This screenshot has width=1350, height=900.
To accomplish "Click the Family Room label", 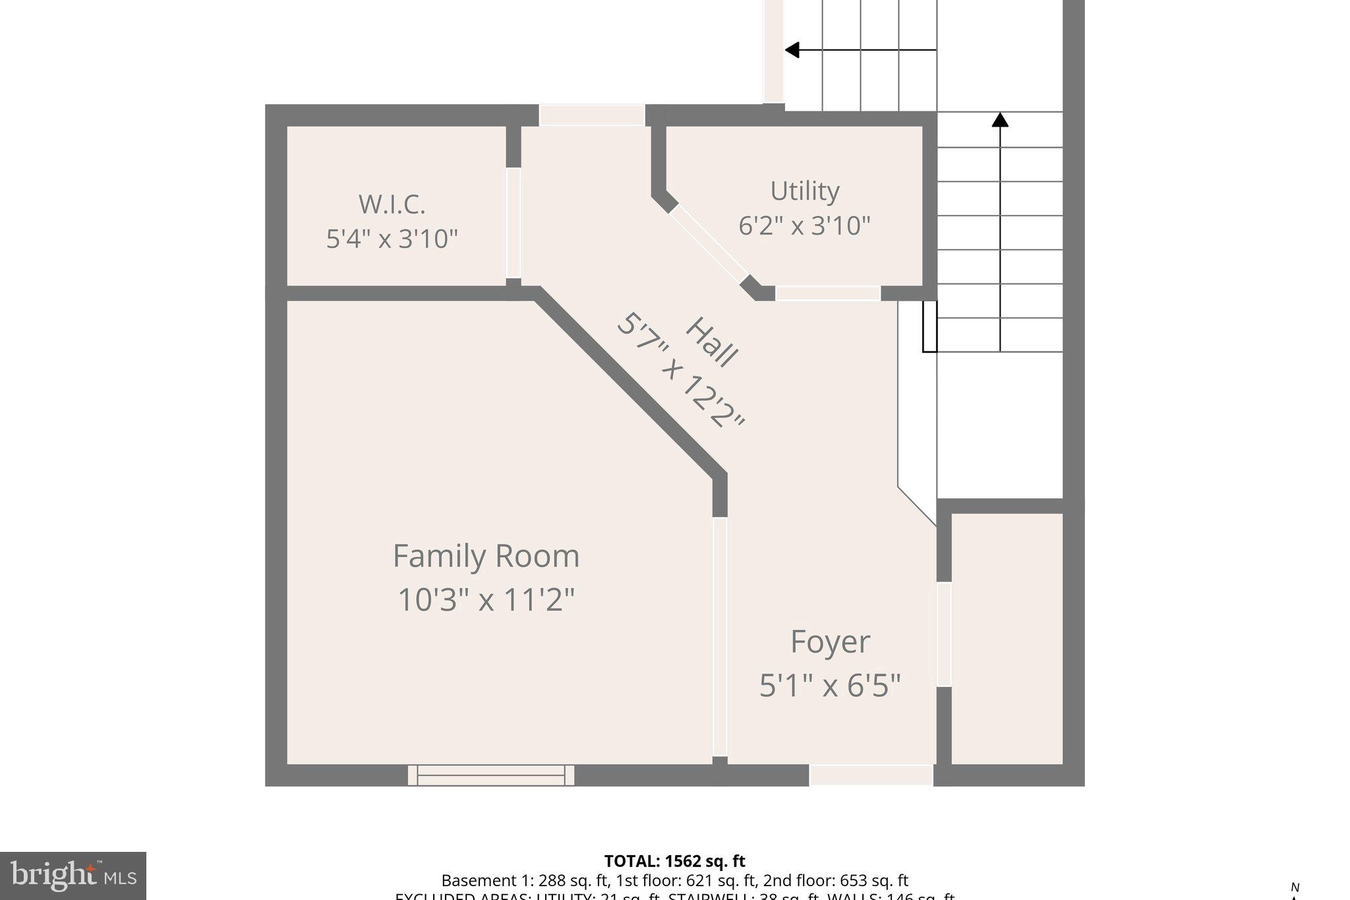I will (x=486, y=556).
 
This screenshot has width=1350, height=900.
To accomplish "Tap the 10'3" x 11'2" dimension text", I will (x=486, y=601).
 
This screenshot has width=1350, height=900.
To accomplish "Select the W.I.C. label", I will (x=392, y=204).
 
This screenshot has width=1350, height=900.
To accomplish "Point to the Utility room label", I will (x=804, y=191).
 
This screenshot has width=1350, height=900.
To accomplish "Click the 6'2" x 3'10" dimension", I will (x=804, y=226).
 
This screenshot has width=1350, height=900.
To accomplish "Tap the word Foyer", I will (x=829, y=642).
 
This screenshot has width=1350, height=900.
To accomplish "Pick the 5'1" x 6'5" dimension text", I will (x=829, y=686).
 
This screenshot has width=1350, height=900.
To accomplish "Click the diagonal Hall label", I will (x=711, y=342).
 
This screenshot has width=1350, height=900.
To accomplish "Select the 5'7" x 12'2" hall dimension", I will (x=680, y=371).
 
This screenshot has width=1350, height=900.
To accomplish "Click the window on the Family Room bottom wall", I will (x=490, y=775).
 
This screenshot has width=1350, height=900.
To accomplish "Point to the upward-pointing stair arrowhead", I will (x=1000, y=119).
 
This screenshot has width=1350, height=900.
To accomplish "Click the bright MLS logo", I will (x=73, y=876).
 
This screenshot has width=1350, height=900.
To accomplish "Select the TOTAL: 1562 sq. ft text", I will (x=674, y=861).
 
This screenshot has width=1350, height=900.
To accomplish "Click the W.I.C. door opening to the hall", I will (x=513, y=223).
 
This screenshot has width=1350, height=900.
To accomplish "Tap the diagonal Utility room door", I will (x=709, y=245).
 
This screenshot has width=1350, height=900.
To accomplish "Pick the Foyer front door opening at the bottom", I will (x=870, y=775).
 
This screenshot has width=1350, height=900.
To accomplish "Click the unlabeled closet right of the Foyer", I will (x=1007, y=638).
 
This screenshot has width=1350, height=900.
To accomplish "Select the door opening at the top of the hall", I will (x=591, y=115).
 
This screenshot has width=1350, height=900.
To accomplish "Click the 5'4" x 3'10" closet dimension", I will (x=392, y=239).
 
